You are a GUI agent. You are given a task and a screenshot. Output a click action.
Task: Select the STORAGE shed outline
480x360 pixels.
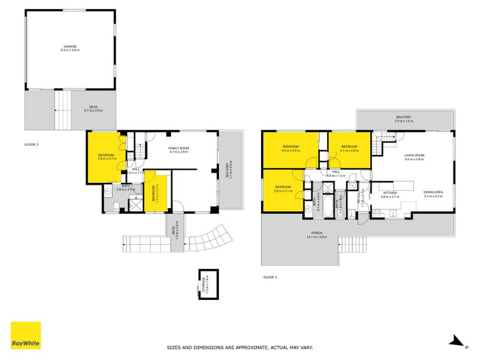click(x=208, y=284)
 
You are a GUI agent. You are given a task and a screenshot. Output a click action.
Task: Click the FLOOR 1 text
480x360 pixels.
click(x=271, y=277)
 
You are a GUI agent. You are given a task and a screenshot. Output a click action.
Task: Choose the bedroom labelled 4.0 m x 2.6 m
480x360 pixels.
click(x=291, y=149)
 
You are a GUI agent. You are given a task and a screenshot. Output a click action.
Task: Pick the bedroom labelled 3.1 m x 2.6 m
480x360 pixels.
click(x=349, y=149)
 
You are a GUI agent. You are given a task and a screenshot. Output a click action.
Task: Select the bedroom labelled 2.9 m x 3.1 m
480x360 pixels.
click(x=283, y=189)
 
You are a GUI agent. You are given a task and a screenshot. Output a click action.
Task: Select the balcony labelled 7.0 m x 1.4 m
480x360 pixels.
click(x=404, y=119)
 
